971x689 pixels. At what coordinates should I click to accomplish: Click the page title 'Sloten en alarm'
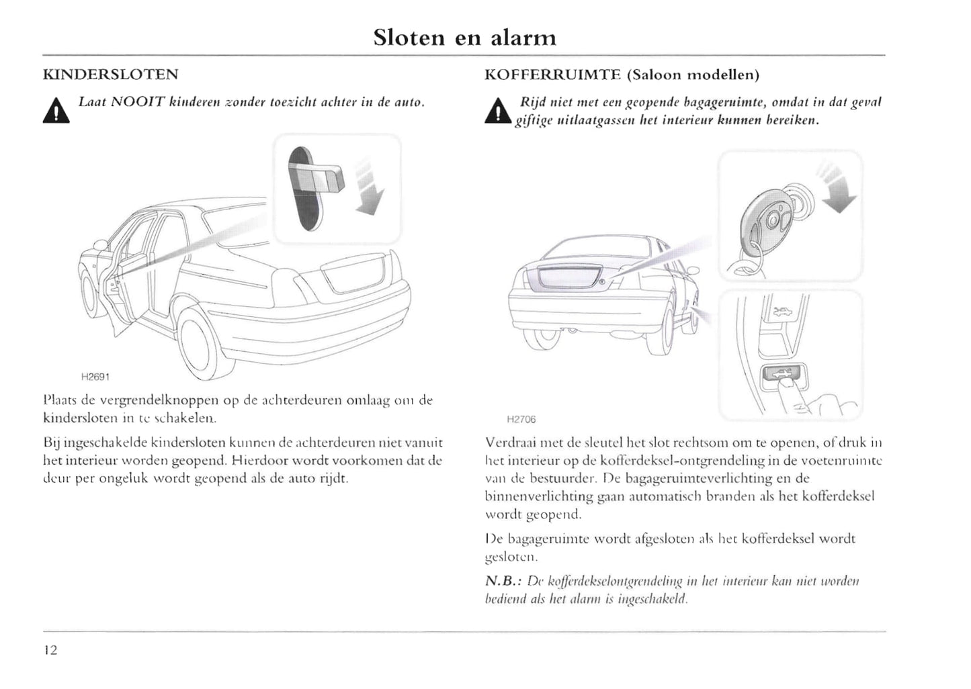click(464, 38)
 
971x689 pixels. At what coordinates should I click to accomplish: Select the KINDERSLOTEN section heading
click(110, 75)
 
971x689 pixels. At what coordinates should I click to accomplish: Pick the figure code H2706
click(521, 420)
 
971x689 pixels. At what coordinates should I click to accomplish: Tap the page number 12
click(50, 650)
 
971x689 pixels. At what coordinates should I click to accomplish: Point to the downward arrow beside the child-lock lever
click(368, 188)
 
